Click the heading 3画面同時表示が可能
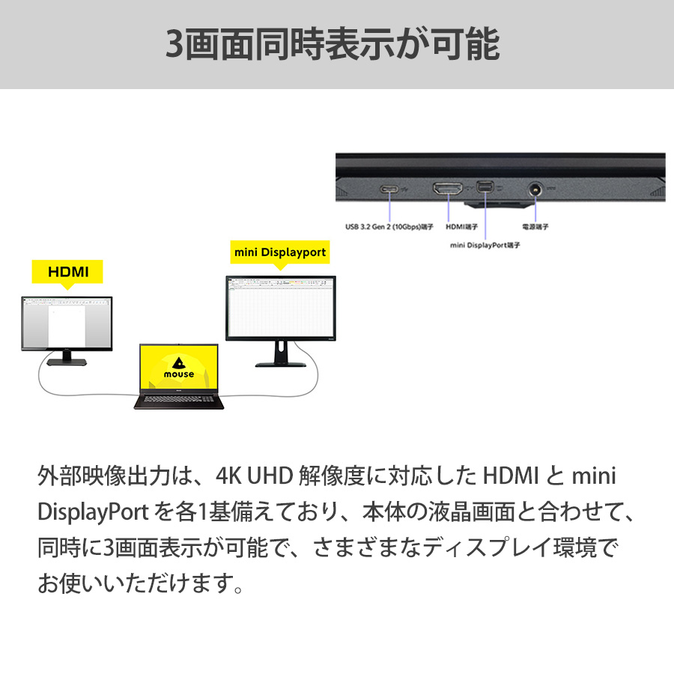click(332, 44)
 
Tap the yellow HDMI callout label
click(68, 272)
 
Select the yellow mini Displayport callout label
click(280, 252)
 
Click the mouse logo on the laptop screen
click(178, 366)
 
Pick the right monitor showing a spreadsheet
click(281, 309)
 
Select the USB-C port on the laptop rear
click(390, 189)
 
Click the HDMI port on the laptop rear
click(446, 189)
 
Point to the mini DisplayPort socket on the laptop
click(484, 189)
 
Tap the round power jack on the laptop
click(535, 189)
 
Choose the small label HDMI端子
click(463, 225)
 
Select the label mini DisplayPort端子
click(485, 245)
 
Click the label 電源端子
click(535, 225)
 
